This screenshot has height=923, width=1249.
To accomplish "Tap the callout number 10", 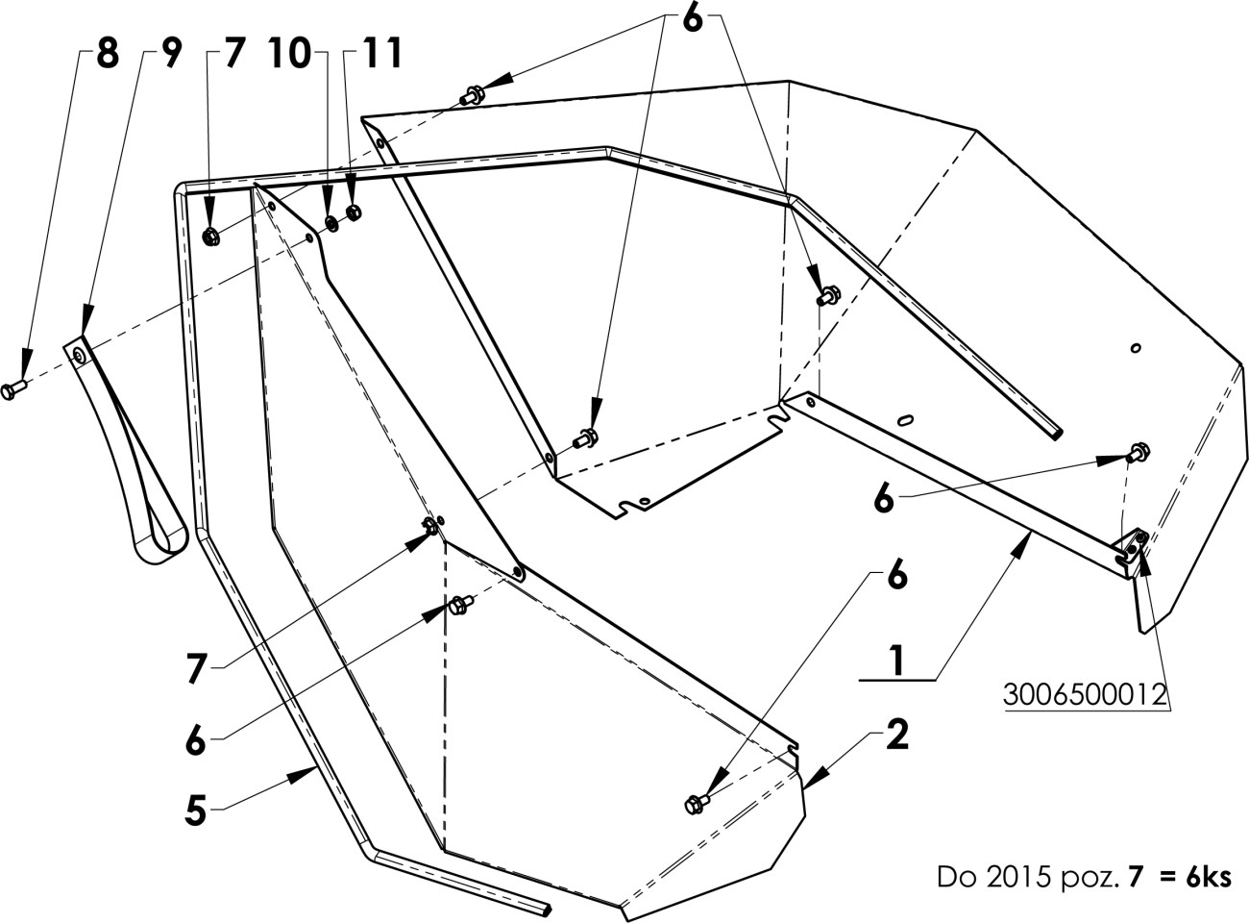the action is (x=289, y=54).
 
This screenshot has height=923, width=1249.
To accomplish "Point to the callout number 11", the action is (x=381, y=54).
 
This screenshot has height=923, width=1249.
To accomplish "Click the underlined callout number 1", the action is (x=897, y=661).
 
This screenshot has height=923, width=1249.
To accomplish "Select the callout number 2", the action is (x=897, y=735).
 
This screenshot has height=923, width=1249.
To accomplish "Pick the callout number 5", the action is (x=195, y=811).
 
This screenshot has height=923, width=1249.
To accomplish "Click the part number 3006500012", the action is (x=1085, y=695).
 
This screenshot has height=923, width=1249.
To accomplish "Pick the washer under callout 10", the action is (x=331, y=223).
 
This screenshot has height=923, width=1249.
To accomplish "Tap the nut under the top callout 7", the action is (x=211, y=237).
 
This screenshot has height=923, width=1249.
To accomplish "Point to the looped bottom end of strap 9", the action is (x=160, y=542).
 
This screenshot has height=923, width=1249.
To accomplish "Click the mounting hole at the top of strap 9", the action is (x=78, y=355).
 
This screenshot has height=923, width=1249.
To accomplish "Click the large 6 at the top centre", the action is (x=693, y=20).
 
